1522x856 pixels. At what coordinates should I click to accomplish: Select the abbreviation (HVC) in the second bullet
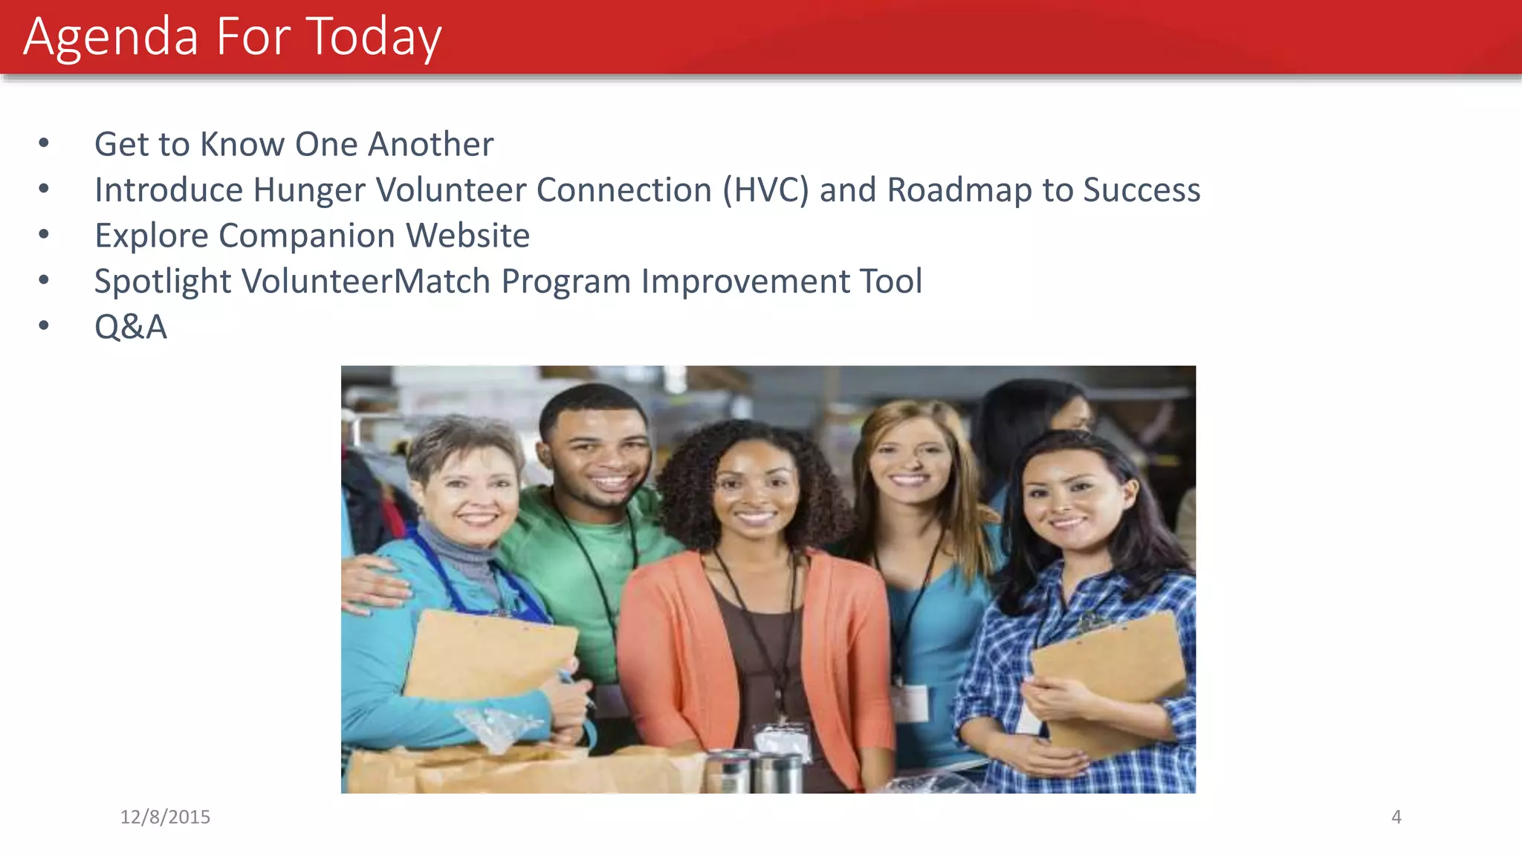tap(765, 190)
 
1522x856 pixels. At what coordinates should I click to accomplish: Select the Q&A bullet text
tap(131, 327)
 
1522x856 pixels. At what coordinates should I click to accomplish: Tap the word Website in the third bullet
tap(467, 236)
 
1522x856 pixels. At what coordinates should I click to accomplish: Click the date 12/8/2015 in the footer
tap(165, 817)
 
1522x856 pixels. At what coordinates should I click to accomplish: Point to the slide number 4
tap(1396, 817)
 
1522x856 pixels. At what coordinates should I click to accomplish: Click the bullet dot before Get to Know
tap(44, 143)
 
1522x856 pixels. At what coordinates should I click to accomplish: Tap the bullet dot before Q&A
tap(44, 326)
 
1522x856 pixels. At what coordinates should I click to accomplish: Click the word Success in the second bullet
tap(1141, 190)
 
